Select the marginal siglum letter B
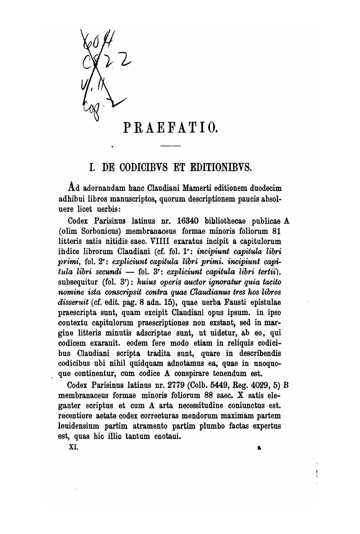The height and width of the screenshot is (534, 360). click(x=286, y=385)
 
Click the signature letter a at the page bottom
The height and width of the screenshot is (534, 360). click(x=259, y=448)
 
